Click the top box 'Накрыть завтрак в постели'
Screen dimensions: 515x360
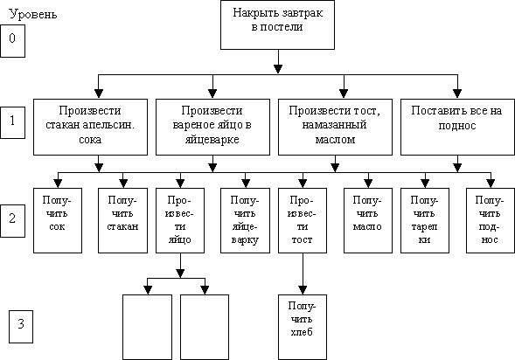coord(277,25)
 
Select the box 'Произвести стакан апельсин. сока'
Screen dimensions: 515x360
coord(90,127)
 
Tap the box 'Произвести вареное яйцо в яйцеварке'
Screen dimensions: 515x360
coord(212,127)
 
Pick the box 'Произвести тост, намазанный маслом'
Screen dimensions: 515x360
coord(336,127)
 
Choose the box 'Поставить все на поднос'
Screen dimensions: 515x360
coord(457,127)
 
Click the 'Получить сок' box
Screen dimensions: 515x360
coord(58,220)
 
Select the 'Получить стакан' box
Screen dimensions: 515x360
coord(122,220)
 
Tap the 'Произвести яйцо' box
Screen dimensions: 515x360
coord(180,220)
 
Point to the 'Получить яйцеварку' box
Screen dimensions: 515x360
coord(246,220)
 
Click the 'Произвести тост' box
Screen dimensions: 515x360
coord(303,220)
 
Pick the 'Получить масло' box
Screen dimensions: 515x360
coord(368,220)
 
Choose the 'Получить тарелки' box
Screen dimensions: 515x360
coord(425,220)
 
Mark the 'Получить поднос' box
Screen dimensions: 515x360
coord(491,220)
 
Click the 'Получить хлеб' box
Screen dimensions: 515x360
coord(303,327)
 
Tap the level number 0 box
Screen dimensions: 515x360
coord(12,41)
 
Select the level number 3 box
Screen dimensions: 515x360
coord(21,327)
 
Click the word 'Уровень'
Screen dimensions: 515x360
coord(33,15)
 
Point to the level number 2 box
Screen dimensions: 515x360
coord(12,221)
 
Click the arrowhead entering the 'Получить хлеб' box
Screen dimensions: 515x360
coord(303,290)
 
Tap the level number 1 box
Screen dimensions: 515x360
coord(12,122)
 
